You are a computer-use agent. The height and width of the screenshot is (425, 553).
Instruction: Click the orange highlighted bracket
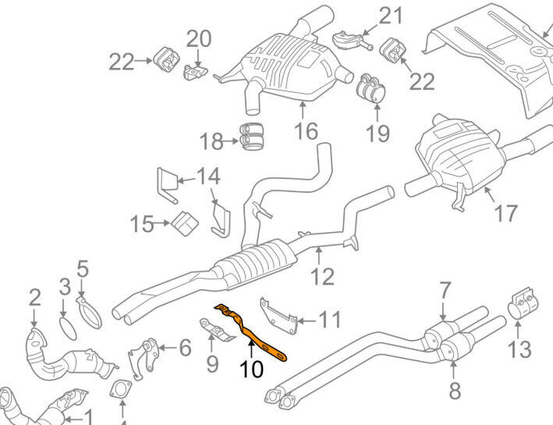(x=251, y=333)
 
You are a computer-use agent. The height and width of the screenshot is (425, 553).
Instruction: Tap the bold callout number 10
(x=251, y=370)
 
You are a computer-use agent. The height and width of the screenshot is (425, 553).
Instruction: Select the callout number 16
(x=306, y=131)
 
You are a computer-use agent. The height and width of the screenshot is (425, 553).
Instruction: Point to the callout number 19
(x=378, y=134)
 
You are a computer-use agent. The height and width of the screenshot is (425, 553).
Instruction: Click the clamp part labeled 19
(x=370, y=89)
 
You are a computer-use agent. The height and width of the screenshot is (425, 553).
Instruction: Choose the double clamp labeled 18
(x=252, y=137)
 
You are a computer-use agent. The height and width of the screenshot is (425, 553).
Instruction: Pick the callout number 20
(x=199, y=39)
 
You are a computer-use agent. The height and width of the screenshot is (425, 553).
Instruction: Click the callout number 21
(x=390, y=16)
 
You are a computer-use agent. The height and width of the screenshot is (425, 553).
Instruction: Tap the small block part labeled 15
(x=185, y=223)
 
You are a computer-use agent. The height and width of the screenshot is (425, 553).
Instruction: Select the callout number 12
(x=323, y=277)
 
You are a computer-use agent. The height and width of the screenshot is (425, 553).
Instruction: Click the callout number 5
(x=83, y=270)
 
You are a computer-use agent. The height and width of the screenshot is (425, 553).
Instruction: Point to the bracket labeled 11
(x=278, y=316)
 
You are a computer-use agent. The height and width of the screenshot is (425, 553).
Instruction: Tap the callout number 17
(x=505, y=213)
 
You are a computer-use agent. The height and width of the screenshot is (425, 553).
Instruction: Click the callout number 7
(x=445, y=291)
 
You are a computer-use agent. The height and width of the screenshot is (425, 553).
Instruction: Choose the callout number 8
(x=455, y=391)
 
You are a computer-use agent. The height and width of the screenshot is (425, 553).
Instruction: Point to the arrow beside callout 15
(x=162, y=223)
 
